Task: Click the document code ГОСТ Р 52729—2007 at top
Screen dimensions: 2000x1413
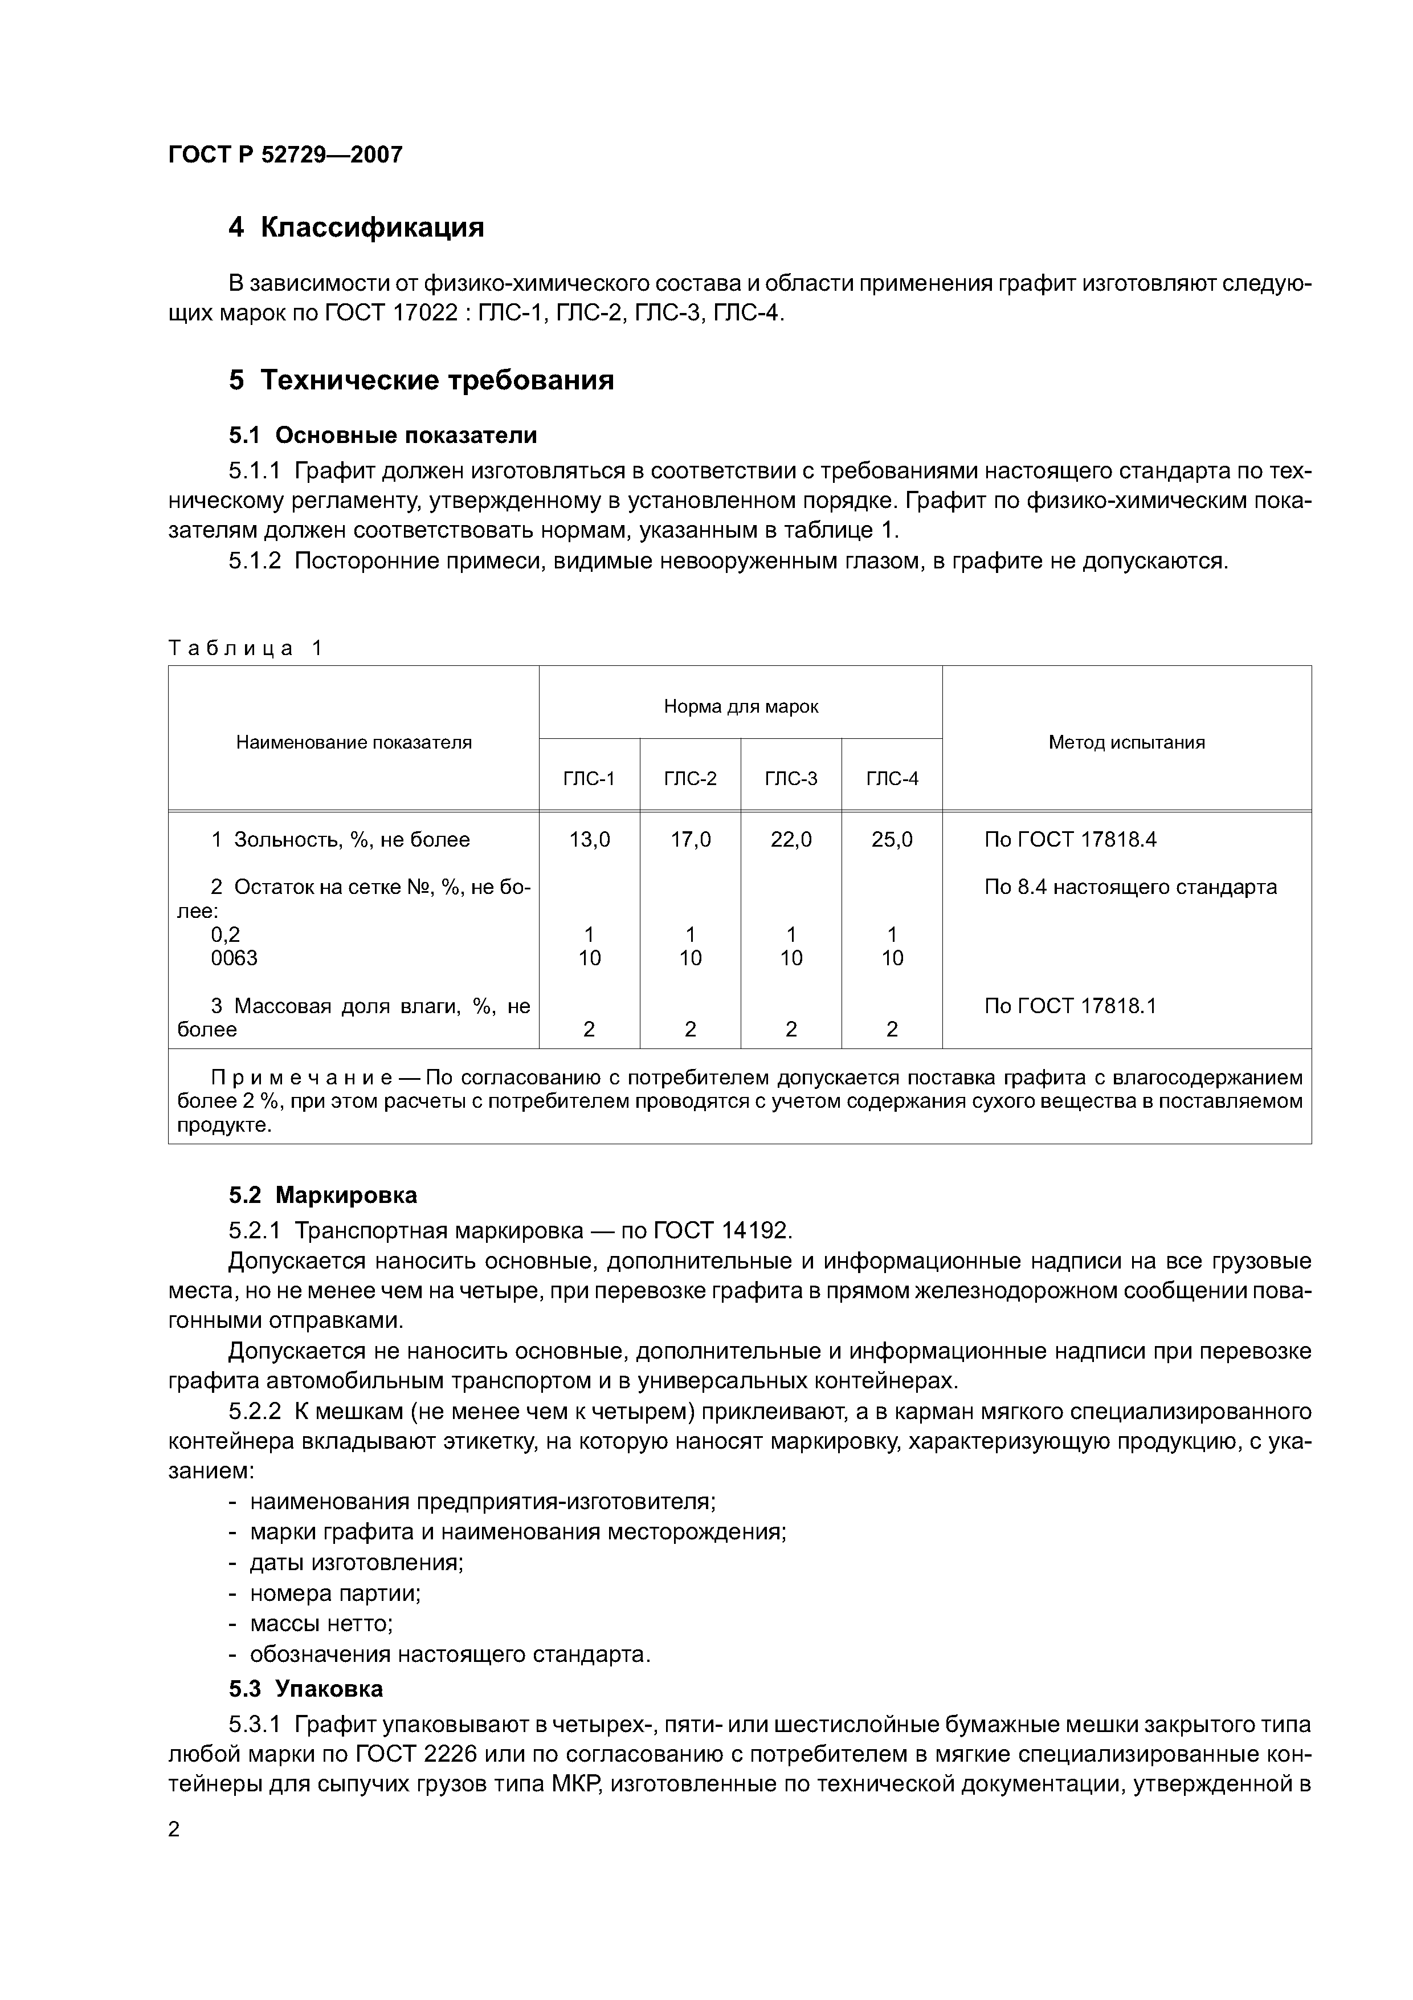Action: coord(285,155)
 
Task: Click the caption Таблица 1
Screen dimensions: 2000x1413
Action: coord(244,648)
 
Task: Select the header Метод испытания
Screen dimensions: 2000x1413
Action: coord(1126,742)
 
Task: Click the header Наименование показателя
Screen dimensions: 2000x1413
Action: coord(353,742)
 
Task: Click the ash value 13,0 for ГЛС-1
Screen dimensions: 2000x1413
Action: coord(589,840)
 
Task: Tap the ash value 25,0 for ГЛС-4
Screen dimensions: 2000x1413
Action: coord(892,840)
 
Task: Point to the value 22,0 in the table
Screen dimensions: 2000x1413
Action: coord(790,840)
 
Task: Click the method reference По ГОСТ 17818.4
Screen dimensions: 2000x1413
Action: coord(1070,840)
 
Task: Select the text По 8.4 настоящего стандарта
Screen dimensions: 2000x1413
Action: coord(1130,887)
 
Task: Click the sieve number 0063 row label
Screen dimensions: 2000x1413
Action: coord(234,958)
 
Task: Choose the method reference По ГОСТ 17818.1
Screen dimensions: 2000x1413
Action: coord(1070,1006)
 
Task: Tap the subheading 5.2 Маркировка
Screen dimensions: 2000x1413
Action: coord(323,1195)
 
